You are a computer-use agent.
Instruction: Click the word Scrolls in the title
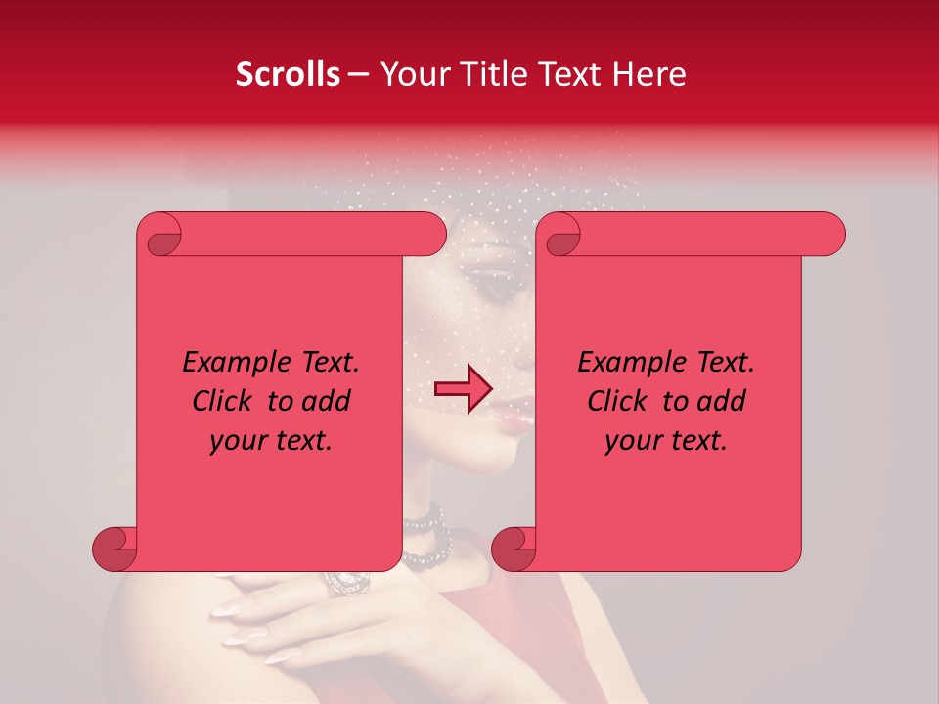click(288, 74)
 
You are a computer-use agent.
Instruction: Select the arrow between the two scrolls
click(463, 389)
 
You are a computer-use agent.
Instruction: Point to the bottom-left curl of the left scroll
click(113, 550)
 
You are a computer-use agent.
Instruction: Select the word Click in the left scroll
click(222, 402)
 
